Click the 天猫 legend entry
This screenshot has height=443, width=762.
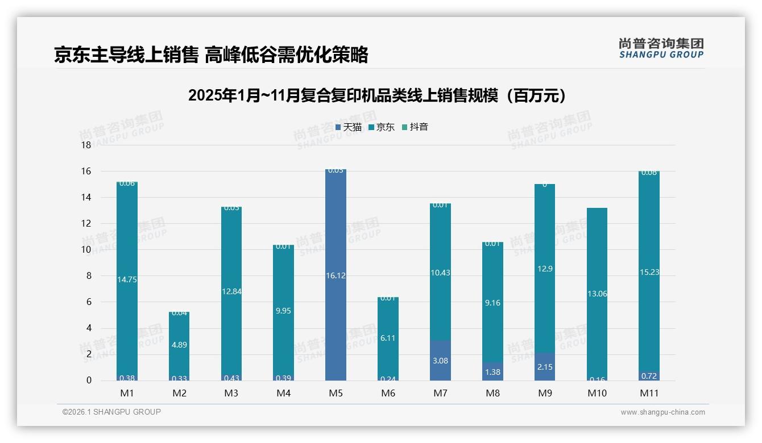click(x=349, y=127)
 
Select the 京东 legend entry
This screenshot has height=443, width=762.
click(x=382, y=127)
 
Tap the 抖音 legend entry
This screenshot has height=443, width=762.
click(x=415, y=127)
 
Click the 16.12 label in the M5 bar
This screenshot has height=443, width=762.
click(x=336, y=275)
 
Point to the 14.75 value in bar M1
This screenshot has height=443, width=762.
click(x=127, y=279)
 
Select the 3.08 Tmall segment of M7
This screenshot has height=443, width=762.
click(x=441, y=361)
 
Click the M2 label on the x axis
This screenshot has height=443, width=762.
click(x=180, y=393)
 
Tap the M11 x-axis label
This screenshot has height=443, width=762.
click(x=649, y=393)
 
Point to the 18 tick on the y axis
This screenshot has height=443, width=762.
click(x=86, y=145)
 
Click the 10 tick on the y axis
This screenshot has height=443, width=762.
click(x=86, y=250)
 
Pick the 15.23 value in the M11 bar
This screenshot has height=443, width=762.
click(x=649, y=272)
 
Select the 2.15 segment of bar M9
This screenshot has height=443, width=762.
click(x=545, y=367)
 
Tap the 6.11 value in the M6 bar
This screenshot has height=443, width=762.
click(x=388, y=338)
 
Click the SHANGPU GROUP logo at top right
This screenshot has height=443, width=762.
click(x=661, y=48)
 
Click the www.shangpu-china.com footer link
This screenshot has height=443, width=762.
click(x=662, y=412)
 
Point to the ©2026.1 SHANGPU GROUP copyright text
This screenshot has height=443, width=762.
click(x=111, y=412)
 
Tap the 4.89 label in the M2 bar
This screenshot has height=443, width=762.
click(x=180, y=345)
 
